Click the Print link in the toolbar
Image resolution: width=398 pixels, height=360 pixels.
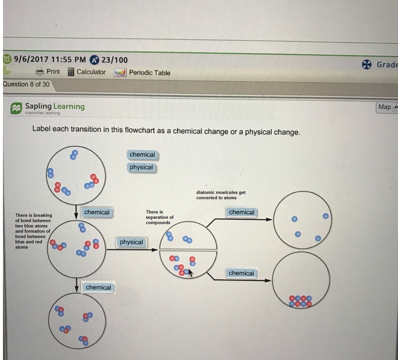53,72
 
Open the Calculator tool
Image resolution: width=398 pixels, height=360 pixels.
91,72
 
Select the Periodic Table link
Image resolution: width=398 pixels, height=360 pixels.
149,73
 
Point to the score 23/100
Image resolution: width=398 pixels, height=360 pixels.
114,60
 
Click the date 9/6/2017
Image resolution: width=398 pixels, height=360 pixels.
31,59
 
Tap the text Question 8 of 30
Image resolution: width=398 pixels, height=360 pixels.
26,84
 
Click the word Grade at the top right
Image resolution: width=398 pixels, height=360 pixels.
387,65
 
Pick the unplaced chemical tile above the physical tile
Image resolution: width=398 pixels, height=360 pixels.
142,155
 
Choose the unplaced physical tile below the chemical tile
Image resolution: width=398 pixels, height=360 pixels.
141,167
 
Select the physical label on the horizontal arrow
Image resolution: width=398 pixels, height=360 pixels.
131,242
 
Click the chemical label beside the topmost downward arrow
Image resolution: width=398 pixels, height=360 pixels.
97,212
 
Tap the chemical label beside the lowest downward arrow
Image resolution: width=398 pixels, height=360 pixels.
98,288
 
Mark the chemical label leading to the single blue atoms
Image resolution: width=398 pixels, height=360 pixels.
241,212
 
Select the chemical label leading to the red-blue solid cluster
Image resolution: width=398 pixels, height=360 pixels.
241,273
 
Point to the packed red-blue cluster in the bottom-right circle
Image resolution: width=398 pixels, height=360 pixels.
300,301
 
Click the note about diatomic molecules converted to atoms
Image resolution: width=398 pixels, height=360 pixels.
221,195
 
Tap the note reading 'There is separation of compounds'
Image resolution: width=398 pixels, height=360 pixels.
160,217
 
